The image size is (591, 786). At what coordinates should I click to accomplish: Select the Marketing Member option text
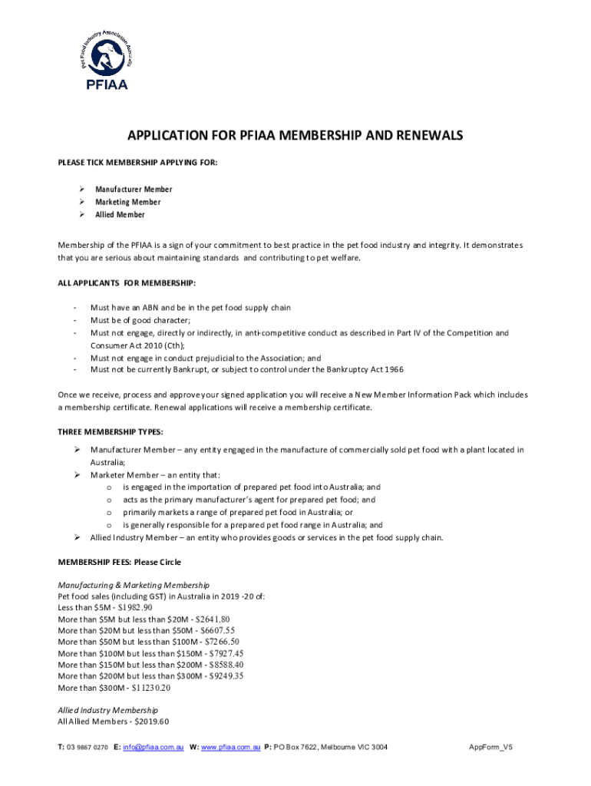(x=127, y=202)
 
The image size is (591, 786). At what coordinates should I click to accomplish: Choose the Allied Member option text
(x=120, y=215)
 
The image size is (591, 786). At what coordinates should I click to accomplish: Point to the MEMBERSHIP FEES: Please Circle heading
(x=120, y=562)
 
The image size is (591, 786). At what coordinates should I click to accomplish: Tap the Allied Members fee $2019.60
(x=151, y=722)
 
